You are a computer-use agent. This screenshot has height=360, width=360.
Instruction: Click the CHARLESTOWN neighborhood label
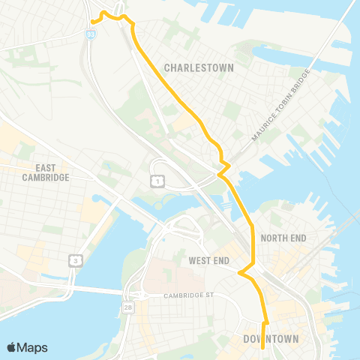point(199,67)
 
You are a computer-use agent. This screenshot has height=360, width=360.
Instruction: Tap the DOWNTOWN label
point(271,339)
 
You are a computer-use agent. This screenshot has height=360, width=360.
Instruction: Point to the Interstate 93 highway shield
point(91,34)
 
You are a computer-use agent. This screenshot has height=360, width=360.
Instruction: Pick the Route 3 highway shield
point(75,260)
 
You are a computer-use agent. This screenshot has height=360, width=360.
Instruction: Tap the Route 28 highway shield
point(130,307)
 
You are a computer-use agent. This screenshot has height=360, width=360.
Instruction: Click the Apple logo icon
point(13,347)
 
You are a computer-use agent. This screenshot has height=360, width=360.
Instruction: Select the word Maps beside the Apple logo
point(33,347)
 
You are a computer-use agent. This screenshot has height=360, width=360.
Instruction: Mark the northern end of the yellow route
point(92,22)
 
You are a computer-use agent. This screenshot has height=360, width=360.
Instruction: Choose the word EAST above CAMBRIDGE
point(46,168)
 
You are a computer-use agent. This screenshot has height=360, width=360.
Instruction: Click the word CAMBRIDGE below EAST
point(46,178)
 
